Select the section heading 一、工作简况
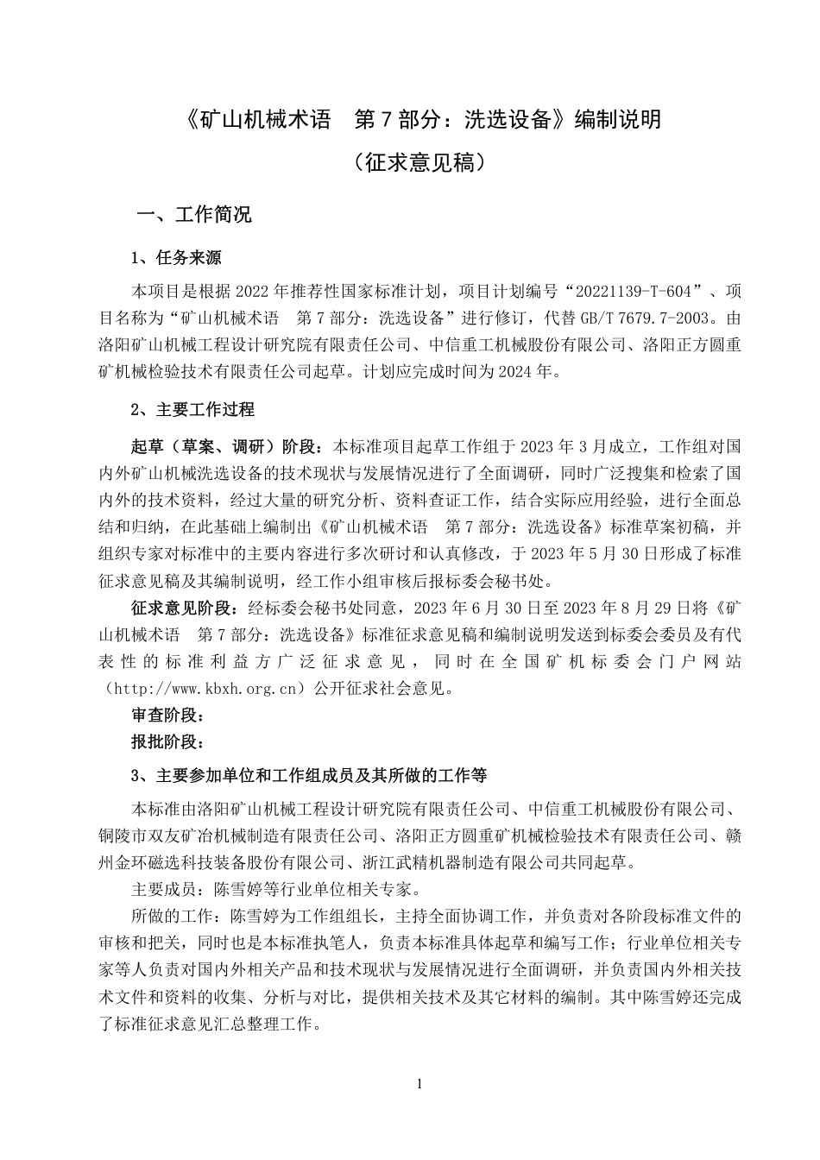[195, 214]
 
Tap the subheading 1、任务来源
[176, 257]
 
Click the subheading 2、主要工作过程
[192, 408]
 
